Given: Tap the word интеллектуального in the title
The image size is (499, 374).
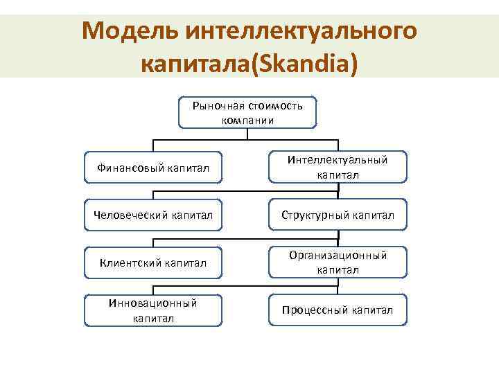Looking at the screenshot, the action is [299, 30].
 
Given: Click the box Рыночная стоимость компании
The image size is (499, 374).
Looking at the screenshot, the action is [247, 112].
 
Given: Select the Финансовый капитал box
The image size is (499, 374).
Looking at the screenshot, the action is [153, 168].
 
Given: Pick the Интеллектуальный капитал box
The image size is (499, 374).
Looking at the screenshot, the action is [338, 168].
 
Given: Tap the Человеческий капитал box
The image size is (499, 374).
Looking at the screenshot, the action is [153, 215].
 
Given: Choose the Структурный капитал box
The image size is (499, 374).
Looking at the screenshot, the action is [338, 215].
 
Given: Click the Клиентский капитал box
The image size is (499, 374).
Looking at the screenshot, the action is [153, 262].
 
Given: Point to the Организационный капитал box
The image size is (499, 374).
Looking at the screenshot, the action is [338, 262].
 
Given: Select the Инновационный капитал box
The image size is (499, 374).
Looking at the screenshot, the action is [153, 310].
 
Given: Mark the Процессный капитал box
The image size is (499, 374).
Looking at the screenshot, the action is [338, 310].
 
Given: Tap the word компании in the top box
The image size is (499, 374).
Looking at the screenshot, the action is [248, 119].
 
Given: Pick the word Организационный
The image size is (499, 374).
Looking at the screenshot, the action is [338, 256].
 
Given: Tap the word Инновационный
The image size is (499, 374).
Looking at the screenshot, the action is [153, 303].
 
